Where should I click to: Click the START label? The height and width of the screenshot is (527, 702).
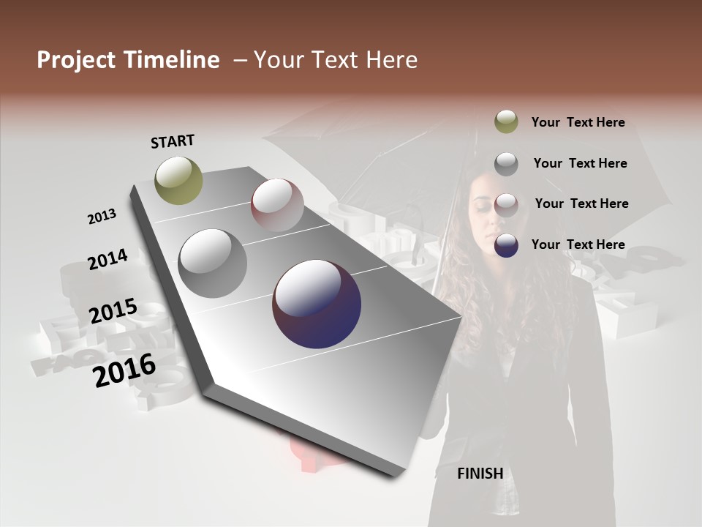coord(173,141)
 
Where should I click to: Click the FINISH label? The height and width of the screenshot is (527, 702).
coord(480,474)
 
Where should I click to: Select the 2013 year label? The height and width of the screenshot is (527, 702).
coord(102,217)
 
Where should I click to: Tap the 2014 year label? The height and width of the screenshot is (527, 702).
coord(107,259)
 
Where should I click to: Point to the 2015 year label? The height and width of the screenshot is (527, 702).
coord(113,311)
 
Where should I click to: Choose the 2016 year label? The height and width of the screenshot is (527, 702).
coord(124,370)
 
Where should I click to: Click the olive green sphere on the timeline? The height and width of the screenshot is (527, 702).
coord(179,180)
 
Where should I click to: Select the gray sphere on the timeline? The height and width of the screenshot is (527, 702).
coord(213,263)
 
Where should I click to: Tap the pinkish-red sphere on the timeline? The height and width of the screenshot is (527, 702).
coord(277,204)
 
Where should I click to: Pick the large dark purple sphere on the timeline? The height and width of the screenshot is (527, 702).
coord(317,304)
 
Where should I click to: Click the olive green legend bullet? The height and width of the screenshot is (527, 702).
coord(506,122)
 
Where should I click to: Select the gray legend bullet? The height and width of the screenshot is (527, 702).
coord(506,163)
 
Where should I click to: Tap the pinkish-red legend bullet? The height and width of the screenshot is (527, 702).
coord(506,204)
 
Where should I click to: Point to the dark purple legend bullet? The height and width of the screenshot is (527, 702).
coord(506,245)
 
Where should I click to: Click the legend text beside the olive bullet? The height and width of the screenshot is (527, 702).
coord(578,122)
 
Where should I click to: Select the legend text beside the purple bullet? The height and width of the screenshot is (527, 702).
coord(578,244)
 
